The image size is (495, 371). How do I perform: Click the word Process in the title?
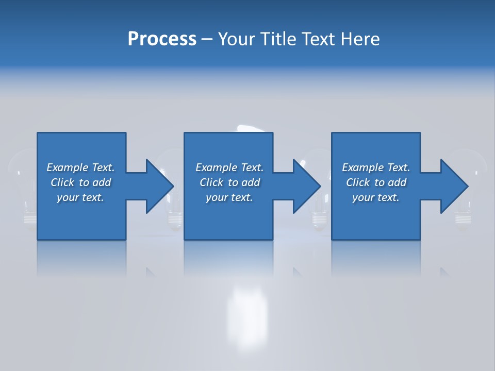click(162, 39)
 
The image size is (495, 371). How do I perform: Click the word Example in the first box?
click(68, 167)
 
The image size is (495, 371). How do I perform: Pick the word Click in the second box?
click(211, 182)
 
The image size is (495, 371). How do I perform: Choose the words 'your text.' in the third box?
click(375, 197)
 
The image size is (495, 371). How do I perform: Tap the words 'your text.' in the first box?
click(80, 197)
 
